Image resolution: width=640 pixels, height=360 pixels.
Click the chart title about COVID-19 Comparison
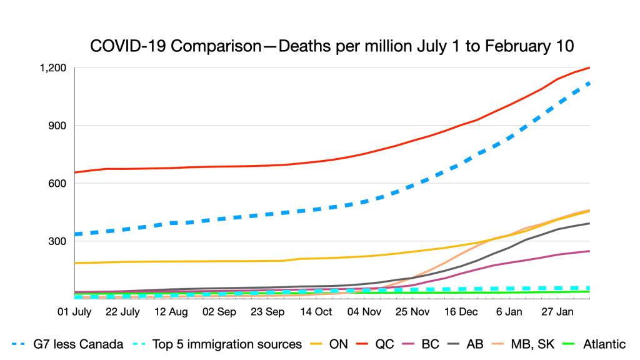332,46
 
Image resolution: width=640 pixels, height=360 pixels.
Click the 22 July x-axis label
122,312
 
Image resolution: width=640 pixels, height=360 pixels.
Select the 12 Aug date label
170,312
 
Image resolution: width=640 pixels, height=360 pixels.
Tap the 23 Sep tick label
266,312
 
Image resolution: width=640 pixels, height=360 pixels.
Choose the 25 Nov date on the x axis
411,312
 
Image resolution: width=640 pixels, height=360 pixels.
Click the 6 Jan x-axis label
509,312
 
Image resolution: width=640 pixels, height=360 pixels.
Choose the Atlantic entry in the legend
604,344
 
